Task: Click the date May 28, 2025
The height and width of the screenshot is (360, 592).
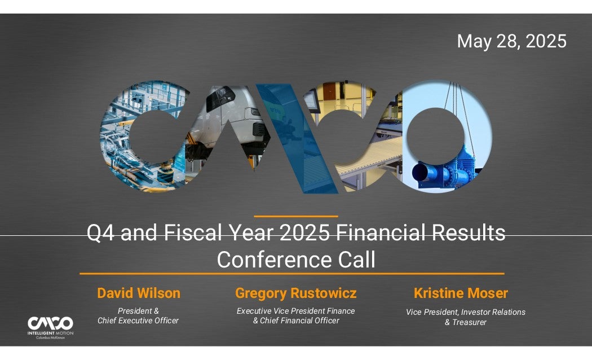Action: click(511, 41)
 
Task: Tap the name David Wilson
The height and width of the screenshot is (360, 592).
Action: click(139, 293)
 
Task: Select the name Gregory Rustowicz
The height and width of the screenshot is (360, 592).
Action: click(295, 293)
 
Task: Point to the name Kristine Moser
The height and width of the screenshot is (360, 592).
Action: click(461, 293)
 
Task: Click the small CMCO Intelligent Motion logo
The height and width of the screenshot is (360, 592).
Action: click(50, 327)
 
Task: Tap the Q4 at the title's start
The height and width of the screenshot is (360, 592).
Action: click(100, 232)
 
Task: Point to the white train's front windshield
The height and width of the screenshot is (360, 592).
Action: click(220, 98)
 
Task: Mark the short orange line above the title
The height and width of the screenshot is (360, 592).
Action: click(296, 217)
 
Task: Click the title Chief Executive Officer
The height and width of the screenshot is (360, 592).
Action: click(138, 321)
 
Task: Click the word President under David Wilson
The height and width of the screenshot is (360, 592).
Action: click(134, 311)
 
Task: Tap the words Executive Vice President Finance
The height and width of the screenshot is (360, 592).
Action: click(295, 311)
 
